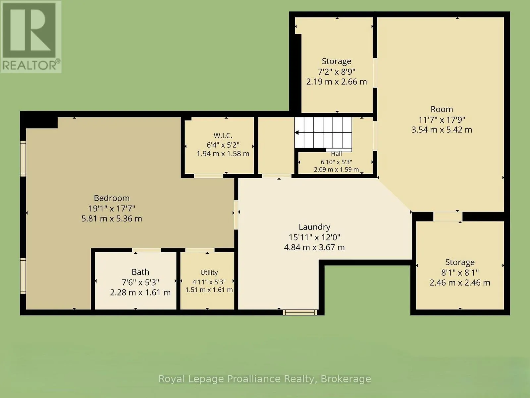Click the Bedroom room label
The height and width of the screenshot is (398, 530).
coord(112,198)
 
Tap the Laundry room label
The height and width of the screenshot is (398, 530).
coord(314,227)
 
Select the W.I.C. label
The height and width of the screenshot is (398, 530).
coord(223,135)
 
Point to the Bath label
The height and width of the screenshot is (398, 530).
coord(140,272)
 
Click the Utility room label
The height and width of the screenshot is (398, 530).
coord(209,273)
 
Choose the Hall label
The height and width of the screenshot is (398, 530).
coord(336,154)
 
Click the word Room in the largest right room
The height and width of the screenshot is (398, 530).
coord(442,109)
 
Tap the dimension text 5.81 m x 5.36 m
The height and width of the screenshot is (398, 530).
coord(112,219)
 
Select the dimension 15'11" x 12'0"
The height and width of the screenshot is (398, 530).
coord(314,237)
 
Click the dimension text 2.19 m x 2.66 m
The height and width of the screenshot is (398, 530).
coord(337,82)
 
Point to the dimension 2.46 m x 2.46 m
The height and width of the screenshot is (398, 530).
coord(460,283)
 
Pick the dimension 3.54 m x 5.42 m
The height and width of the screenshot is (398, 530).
coord(442,130)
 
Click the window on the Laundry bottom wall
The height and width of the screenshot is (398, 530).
coord(300,312)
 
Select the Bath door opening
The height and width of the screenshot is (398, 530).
coord(146,250)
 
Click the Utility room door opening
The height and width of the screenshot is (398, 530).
coord(200,250)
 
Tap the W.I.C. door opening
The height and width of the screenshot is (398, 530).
coord(208,176)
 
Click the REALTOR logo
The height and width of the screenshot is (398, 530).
coord(31,37)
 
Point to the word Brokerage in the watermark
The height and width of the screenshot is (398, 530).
coord(345,379)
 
